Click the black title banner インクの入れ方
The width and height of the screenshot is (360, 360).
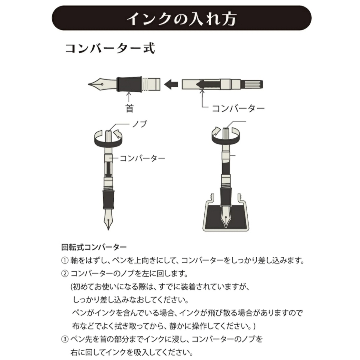point(181,18)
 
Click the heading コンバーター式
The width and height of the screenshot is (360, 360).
point(110,49)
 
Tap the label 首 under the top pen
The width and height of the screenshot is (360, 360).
point(129,108)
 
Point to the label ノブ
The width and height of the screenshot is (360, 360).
point(140,124)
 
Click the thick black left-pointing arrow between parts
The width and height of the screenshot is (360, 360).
point(171,84)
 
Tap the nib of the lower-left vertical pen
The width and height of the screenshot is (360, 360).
point(108,219)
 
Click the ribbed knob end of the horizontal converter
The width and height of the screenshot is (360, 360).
point(252,85)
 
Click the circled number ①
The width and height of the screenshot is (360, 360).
point(65,261)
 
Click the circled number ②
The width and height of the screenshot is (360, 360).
point(65,274)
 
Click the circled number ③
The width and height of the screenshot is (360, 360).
point(65,339)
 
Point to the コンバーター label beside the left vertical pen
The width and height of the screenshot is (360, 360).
point(142,158)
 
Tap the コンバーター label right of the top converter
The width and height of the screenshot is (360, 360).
point(238,108)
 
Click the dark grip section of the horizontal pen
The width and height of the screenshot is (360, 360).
point(129,84)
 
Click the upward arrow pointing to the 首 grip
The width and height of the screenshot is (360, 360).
point(129,97)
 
